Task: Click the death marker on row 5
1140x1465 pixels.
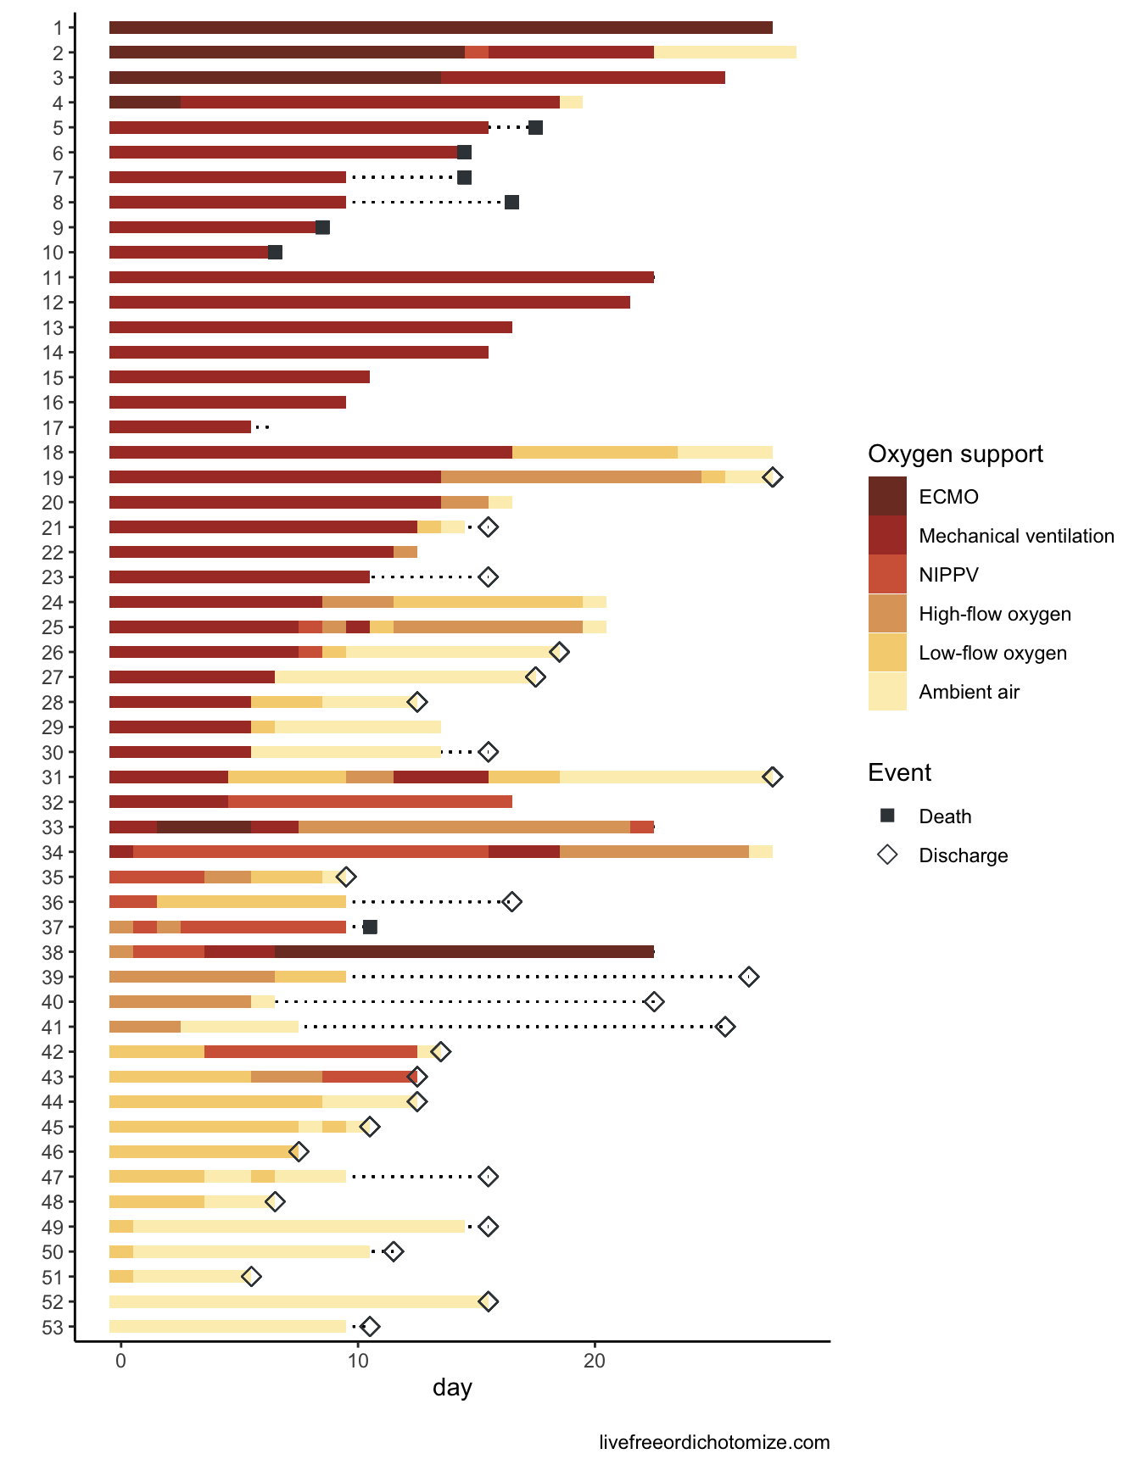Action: coord(535,128)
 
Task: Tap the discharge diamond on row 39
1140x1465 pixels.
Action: coord(748,977)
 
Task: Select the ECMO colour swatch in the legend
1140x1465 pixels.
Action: coord(887,497)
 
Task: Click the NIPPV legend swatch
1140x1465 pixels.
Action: coord(887,575)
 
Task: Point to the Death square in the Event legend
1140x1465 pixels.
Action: coord(887,816)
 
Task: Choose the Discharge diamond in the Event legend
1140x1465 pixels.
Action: coord(887,855)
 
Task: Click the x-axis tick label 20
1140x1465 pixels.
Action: coord(595,1362)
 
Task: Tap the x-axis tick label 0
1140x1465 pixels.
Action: coord(121,1362)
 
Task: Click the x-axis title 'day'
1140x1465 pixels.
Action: coord(452,1388)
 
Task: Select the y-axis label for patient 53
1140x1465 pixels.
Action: coord(53,1327)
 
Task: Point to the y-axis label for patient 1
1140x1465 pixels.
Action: coord(58,28)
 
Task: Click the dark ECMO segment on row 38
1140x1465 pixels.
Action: coord(464,952)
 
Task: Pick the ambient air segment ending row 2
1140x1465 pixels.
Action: coord(724,53)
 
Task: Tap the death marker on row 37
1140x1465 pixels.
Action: coord(370,927)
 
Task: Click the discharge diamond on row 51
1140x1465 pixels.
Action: coord(251,1277)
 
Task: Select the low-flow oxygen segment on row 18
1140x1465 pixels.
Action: coord(595,453)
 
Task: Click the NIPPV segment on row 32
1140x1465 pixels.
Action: coord(370,802)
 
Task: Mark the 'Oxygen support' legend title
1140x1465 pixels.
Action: coord(955,454)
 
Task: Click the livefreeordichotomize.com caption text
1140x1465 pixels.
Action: coord(714,1442)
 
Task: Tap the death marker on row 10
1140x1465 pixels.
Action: coord(275,253)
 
